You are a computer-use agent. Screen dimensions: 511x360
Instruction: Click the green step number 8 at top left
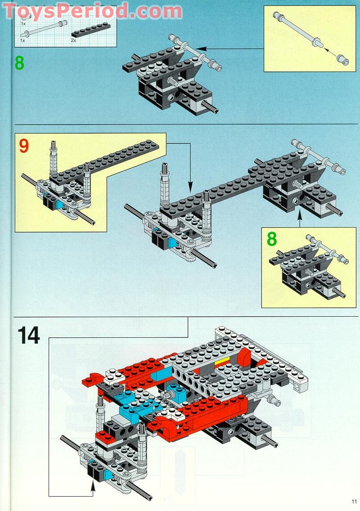[x=19, y=63]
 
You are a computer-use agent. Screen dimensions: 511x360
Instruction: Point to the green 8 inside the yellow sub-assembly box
[x=272, y=239]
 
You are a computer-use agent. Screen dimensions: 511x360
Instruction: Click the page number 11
[x=354, y=502]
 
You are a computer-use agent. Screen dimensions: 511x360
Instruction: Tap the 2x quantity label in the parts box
[x=73, y=40]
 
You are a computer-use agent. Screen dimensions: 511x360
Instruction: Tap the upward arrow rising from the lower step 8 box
[x=299, y=220]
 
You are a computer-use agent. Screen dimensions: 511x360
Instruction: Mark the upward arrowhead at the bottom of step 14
[x=94, y=485]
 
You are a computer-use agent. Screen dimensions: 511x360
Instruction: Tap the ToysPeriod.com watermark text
[x=92, y=11]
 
